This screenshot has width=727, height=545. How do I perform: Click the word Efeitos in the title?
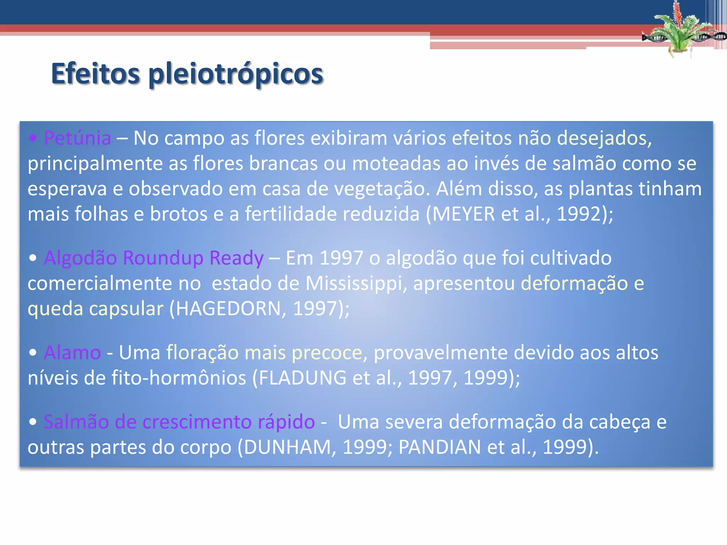(x=95, y=74)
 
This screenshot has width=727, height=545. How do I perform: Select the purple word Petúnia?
(x=77, y=138)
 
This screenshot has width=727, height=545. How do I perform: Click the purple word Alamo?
(x=72, y=353)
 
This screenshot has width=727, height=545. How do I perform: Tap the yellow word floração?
(x=202, y=353)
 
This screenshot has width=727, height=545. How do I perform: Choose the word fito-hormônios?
(x=179, y=378)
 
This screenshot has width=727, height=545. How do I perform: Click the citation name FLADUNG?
(x=302, y=378)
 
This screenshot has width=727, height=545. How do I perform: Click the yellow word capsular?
(x=126, y=309)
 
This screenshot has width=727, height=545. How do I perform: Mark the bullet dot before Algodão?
(x=33, y=258)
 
